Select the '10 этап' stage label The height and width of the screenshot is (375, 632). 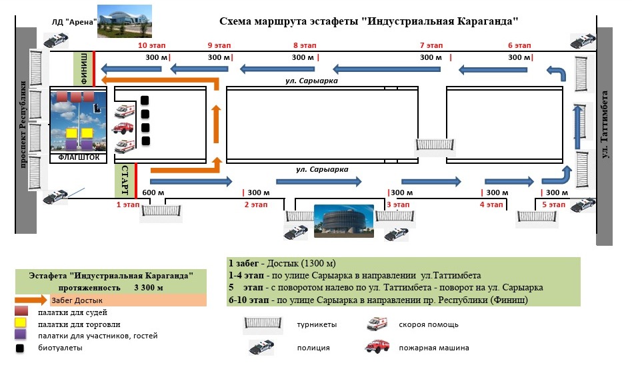pyautogui.click(x=151, y=46)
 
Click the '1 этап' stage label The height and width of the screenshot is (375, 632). pyautogui.click(x=128, y=204)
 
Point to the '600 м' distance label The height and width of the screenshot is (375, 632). pyautogui.click(x=153, y=193)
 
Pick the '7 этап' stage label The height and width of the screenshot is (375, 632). pyautogui.click(x=431, y=46)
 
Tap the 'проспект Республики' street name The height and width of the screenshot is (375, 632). pyautogui.click(x=24, y=133)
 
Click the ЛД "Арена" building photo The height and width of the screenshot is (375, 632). pyautogui.click(x=124, y=21)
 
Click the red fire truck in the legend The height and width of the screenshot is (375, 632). pyautogui.click(x=377, y=347)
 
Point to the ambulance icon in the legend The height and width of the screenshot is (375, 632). pyautogui.click(x=377, y=324)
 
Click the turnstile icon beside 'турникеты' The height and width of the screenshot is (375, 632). pyautogui.click(x=265, y=324)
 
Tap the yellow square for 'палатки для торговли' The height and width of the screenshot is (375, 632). pyautogui.click(x=21, y=324)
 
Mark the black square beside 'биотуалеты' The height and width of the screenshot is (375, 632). pyautogui.click(x=21, y=347)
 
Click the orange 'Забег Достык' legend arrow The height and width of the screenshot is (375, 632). pyautogui.click(x=37, y=300)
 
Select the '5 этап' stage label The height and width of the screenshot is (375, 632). pyautogui.click(x=553, y=204)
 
